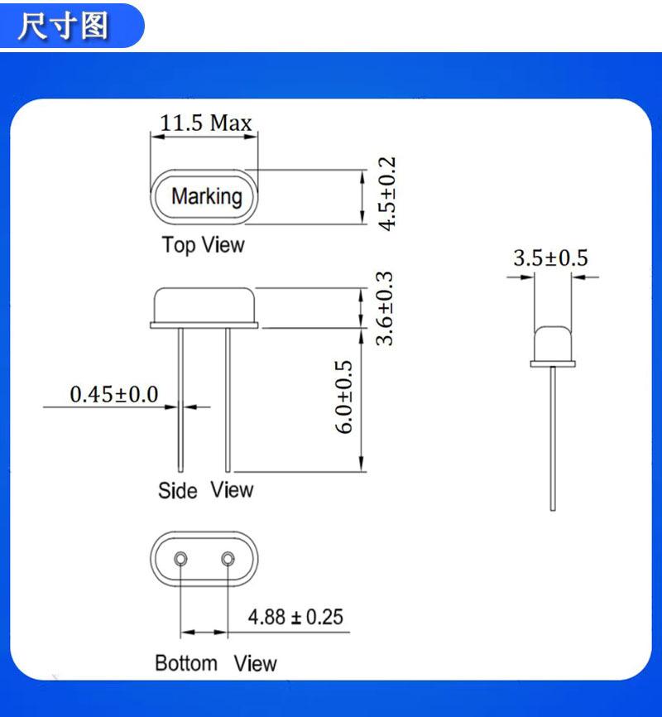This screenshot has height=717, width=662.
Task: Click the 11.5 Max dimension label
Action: pyautogui.click(x=206, y=123)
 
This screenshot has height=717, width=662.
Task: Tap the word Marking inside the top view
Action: pyautogui.click(x=207, y=196)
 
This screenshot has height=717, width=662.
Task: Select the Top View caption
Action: pyautogui.click(x=204, y=244)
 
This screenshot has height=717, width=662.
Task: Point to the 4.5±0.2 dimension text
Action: pyautogui.click(x=386, y=194)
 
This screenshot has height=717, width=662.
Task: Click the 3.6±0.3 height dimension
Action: pyautogui.click(x=384, y=308)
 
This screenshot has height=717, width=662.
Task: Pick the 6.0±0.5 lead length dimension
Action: pyautogui.click(x=343, y=397)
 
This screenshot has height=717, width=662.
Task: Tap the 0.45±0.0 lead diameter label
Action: pyautogui.click(x=114, y=394)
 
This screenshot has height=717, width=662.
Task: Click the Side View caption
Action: pyautogui.click(x=206, y=490)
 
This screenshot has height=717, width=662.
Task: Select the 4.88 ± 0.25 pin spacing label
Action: pyautogui.click(x=295, y=617)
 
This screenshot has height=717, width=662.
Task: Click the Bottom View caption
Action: pyautogui.click(x=216, y=663)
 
